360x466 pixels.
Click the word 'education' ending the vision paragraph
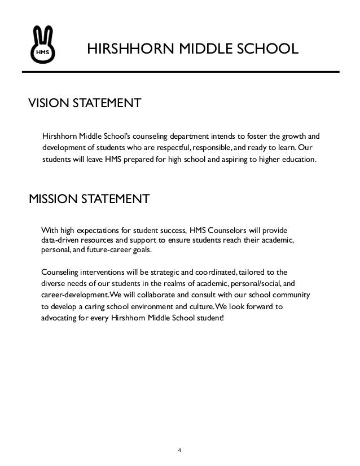click(x=299, y=160)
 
